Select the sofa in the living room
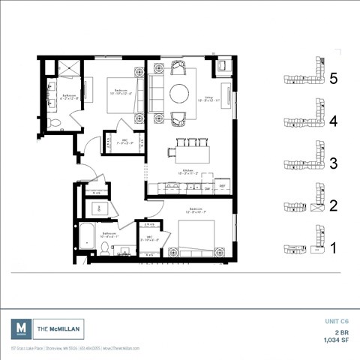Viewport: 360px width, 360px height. coord(157,93)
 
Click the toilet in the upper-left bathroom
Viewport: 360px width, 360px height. coord(52,122)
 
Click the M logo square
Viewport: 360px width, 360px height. coord(22,328)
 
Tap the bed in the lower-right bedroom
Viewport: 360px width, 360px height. coord(196,235)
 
